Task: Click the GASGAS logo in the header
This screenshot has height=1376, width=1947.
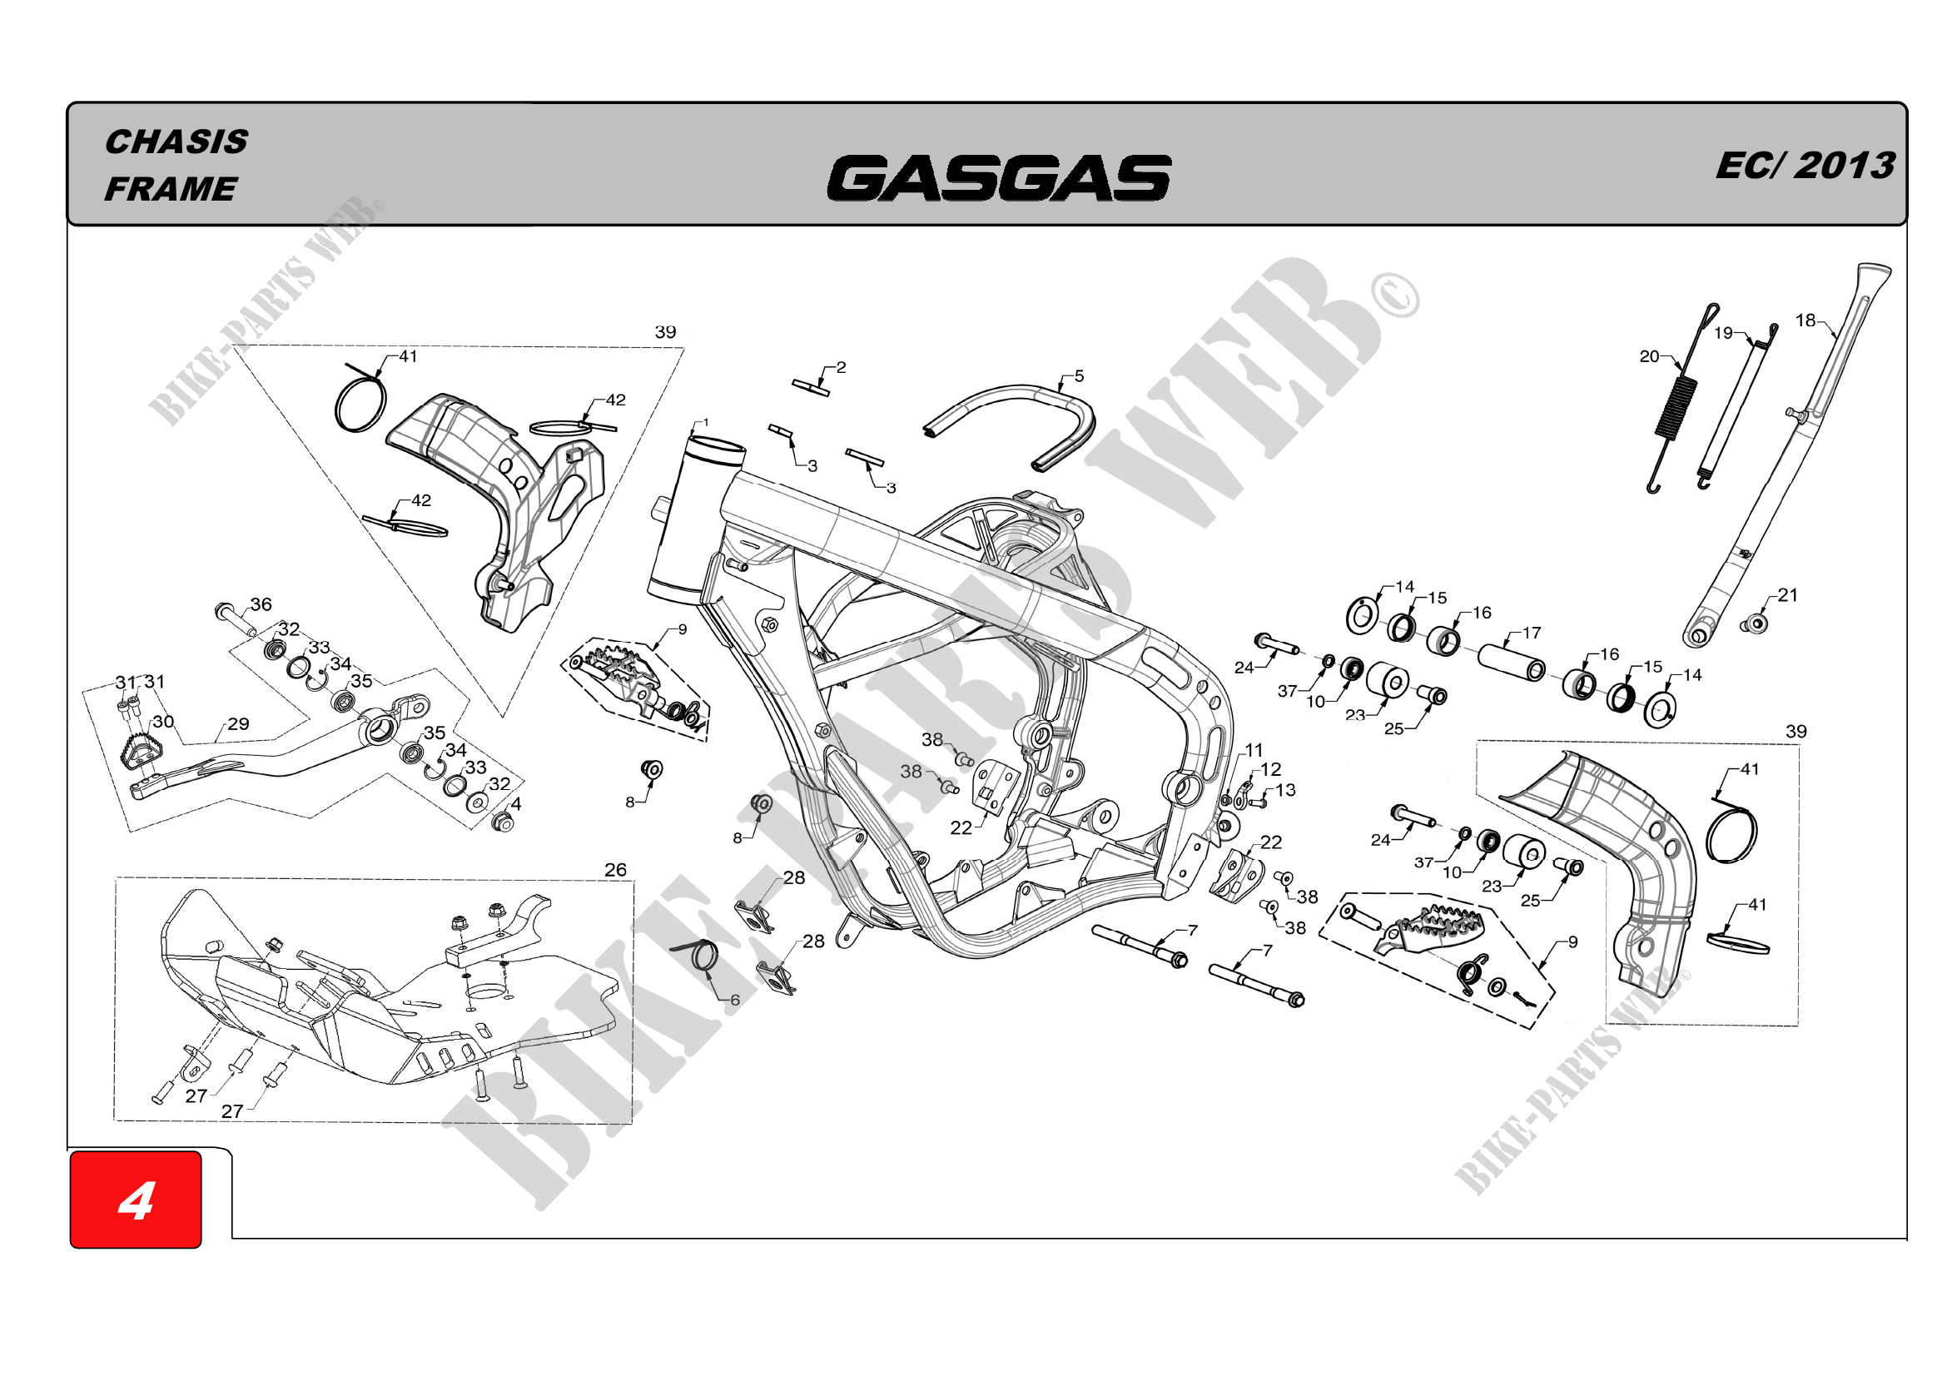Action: point(998,178)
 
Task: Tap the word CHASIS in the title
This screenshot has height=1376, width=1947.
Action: point(176,142)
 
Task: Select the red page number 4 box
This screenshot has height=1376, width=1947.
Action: point(136,1199)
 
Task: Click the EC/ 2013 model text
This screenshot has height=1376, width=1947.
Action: point(1805,166)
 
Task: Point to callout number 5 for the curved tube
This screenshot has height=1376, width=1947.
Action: point(1079,375)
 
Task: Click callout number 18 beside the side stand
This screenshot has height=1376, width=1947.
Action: point(1805,320)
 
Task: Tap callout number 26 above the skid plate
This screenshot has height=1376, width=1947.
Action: point(615,870)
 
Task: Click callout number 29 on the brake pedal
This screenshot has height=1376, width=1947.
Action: point(238,724)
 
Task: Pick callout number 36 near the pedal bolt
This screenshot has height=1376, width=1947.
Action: point(261,604)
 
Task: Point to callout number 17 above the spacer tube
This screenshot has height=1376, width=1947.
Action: point(1532,633)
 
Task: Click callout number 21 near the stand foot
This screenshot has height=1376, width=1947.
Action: point(1787,595)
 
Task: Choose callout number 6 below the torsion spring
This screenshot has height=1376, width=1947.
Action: point(734,1001)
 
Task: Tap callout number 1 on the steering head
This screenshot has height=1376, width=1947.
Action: point(706,422)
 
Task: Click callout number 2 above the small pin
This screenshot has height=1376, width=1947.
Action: point(841,367)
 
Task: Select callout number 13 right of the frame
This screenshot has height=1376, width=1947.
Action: point(1285,790)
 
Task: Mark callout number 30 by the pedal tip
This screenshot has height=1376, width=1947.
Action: point(163,722)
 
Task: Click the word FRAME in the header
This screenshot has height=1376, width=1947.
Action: point(171,189)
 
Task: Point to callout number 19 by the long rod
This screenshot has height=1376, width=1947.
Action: point(1723,333)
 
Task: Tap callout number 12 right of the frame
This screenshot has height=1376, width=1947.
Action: point(1270,769)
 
